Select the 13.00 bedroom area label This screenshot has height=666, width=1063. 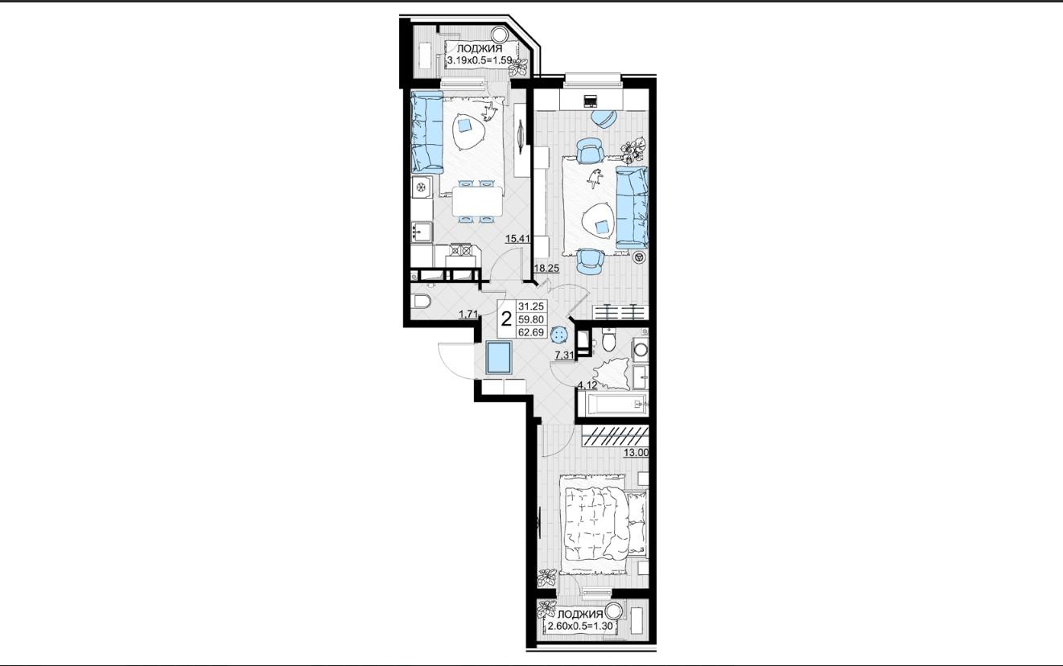[636, 453]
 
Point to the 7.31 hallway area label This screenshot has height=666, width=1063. [565, 355]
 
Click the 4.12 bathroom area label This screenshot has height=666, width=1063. [587, 385]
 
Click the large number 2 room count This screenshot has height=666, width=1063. [506, 319]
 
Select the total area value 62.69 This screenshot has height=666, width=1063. [531, 332]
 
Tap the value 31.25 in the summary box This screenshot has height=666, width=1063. [531, 306]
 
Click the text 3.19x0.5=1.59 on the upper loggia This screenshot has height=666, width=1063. [480, 60]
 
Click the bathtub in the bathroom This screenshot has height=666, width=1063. [612, 405]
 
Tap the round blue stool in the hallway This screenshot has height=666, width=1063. [559, 335]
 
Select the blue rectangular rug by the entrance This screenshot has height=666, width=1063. [498, 358]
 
